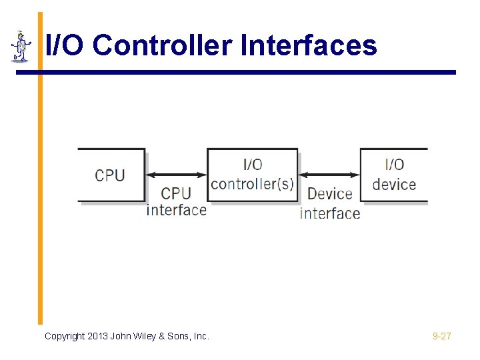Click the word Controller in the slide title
pyautogui.click(x=163, y=46)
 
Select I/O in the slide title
pyautogui.click(x=66, y=46)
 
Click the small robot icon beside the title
pyautogui.click(x=21, y=47)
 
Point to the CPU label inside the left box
pyautogui.click(x=110, y=175)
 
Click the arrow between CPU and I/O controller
pyautogui.click(x=176, y=175)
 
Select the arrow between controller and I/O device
pyautogui.click(x=329, y=175)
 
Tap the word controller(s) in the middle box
pyautogui.click(x=252, y=183)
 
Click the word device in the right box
pyautogui.click(x=394, y=184)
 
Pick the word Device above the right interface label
pyautogui.click(x=329, y=194)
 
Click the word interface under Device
pyautogui.click(x=330, y=213)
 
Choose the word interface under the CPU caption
pyautogui.click(x=177, y=210)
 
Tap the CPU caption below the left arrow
pyautogui.click(x=176, y=193)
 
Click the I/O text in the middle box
pyautogui.click(x=252, y=164)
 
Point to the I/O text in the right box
pyautogui.click(x=394, y=164)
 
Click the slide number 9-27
pyautogui.click(x=441, y=336)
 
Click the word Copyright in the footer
pyautogui.click(x=65, y=336)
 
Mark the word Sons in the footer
pyautogui.click(x=180, y=336)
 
